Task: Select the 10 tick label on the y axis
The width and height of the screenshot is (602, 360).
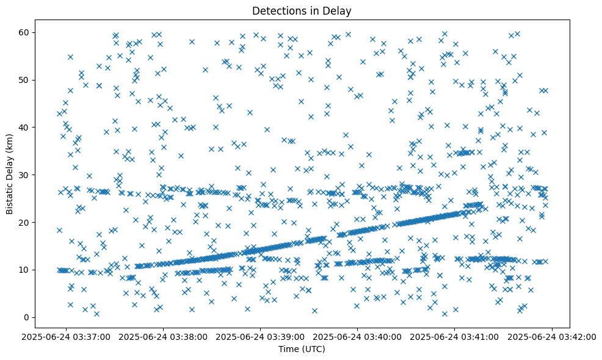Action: pyautogui.click(x=34, y=270)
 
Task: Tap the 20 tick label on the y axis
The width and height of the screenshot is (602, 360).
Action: pyautogui.click(x=34, y=222)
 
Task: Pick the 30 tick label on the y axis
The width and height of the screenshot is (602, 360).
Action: pyautogui.click(x=34, y=175)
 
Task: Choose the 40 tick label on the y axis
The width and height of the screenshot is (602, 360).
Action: pyautogui.click(x=34, y=127)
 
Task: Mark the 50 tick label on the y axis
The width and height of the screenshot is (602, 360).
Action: pyautogui.click(x=34, y=79)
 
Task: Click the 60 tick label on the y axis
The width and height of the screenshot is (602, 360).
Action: pyautogui.click(x=34, y=32)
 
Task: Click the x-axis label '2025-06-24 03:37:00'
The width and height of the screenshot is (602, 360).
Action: pyautogui.click(x=67, y=336)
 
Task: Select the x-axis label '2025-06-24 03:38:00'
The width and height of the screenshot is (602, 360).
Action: pyautogui.click(x=164, y=336)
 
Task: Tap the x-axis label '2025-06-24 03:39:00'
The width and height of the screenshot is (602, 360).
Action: pyautogui.click(x=261, y=336)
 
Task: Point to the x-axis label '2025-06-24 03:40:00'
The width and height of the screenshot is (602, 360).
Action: pyautogui.click(x=358, y=336)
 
